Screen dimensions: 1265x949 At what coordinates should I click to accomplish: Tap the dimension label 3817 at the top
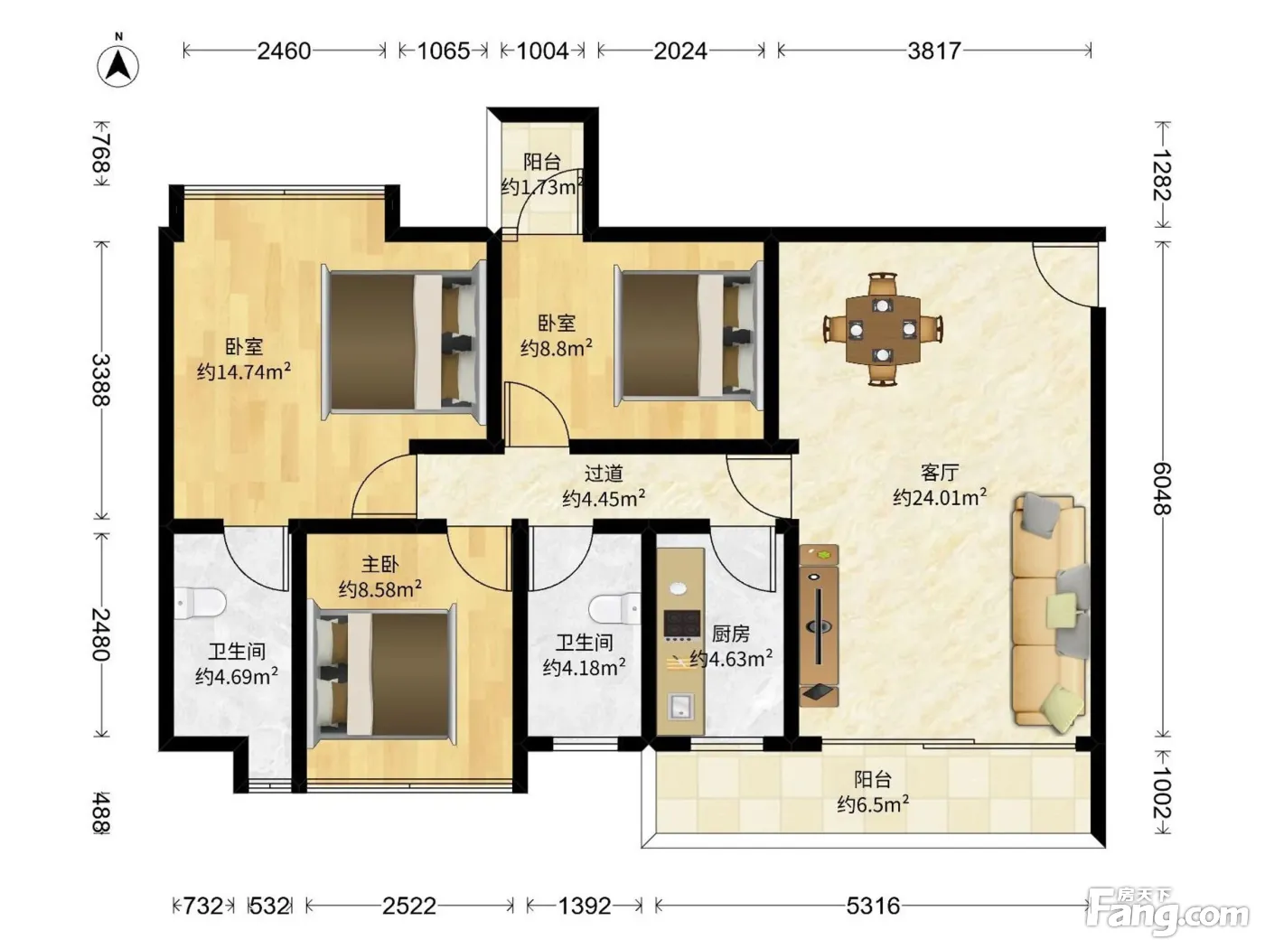coord(933,52)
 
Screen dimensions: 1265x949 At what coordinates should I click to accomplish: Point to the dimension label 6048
coord(1162,489)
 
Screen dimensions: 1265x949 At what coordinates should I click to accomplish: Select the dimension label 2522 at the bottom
coord(409,907)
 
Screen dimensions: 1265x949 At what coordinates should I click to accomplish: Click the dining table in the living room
coord(882,329)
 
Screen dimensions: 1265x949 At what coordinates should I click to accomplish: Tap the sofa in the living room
coord(1050,615)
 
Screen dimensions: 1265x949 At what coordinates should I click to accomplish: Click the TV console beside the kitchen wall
coord(819,625)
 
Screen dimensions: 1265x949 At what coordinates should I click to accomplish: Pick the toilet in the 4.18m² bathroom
coord(614,609)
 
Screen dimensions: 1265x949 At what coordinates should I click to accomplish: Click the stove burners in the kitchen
coord(682,624)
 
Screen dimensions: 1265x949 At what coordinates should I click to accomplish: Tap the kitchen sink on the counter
coord(680,707)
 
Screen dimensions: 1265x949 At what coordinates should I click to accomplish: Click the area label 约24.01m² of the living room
coord(940,497)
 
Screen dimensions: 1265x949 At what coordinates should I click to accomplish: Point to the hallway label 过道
coord(604,473)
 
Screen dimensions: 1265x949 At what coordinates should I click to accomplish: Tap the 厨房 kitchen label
coord(730,634)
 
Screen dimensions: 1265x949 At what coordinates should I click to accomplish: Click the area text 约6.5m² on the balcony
coord(873,803)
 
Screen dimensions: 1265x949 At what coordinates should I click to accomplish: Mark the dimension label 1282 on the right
coord(1162,175)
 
